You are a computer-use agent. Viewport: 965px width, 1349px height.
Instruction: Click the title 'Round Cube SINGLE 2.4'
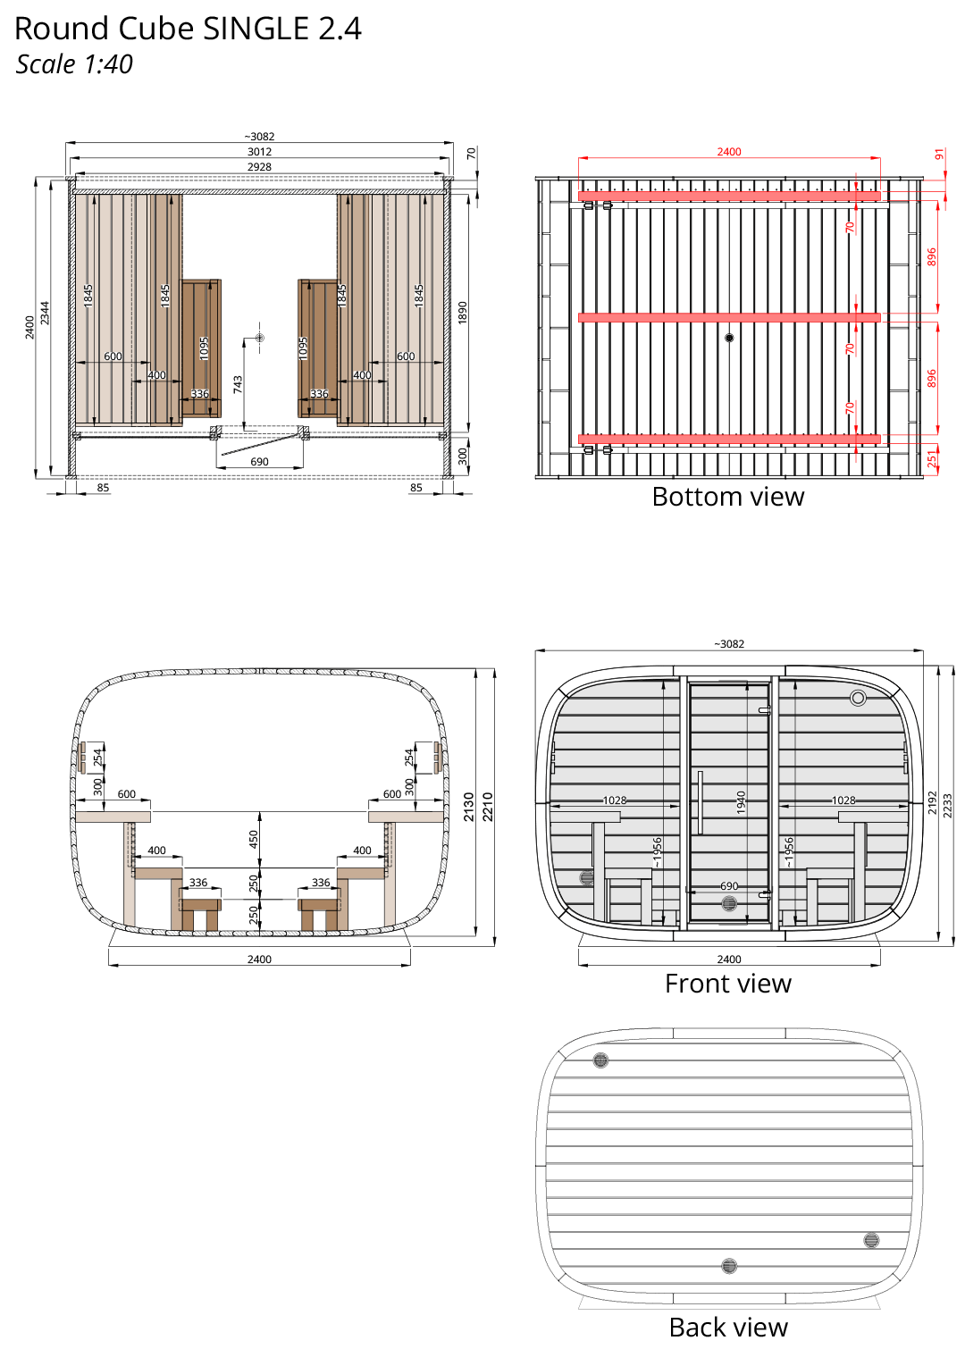[188, 29]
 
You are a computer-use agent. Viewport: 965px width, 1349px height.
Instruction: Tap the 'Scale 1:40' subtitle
[74, 64]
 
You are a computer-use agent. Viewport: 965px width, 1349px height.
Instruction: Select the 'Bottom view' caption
[727, 498]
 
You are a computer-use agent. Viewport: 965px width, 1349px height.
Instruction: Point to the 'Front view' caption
[727, 984]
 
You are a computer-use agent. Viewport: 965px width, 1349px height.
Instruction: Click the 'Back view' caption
[727, 1328]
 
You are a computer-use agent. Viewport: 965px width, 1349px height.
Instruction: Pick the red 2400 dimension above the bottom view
[729, 152]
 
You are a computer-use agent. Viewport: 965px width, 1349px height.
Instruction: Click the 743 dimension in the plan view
[238, 384]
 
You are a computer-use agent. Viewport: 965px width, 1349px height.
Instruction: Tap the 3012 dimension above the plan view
[260, 152]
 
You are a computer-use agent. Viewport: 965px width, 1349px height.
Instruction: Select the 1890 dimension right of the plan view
[463, 313]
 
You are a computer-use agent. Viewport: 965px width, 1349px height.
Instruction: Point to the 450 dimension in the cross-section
[254, 839]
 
